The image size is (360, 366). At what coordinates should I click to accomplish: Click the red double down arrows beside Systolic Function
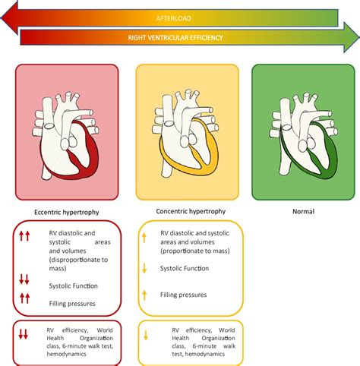click(x=24, y=279)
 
